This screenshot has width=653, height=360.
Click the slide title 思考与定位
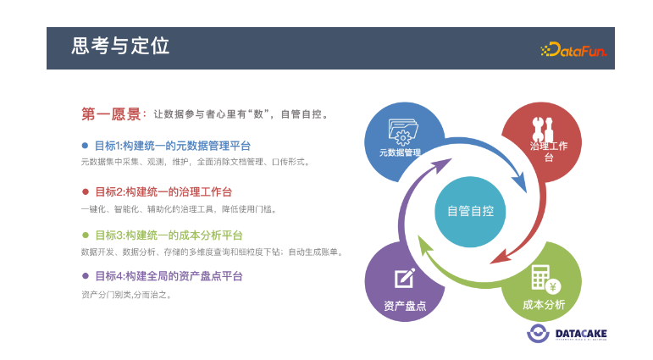120,46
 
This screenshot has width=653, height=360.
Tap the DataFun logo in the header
573,50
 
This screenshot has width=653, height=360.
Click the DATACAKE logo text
581,334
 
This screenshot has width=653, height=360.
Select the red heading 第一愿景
111,114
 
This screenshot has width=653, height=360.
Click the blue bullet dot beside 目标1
85,146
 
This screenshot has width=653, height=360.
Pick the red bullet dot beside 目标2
86,191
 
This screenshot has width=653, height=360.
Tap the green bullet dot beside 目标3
86,235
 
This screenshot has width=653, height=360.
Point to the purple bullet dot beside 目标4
86,276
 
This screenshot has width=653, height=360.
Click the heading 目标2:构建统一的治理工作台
163,192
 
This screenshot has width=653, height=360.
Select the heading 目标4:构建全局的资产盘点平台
169,276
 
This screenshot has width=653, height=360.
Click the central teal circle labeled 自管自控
470,212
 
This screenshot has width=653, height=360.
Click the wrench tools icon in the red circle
543,129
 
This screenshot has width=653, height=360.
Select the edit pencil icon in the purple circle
405,278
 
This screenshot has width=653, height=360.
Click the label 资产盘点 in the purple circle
405,307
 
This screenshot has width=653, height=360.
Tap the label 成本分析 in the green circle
544,305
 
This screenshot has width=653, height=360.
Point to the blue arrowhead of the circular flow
519,182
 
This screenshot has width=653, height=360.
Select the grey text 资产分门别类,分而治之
126,295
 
